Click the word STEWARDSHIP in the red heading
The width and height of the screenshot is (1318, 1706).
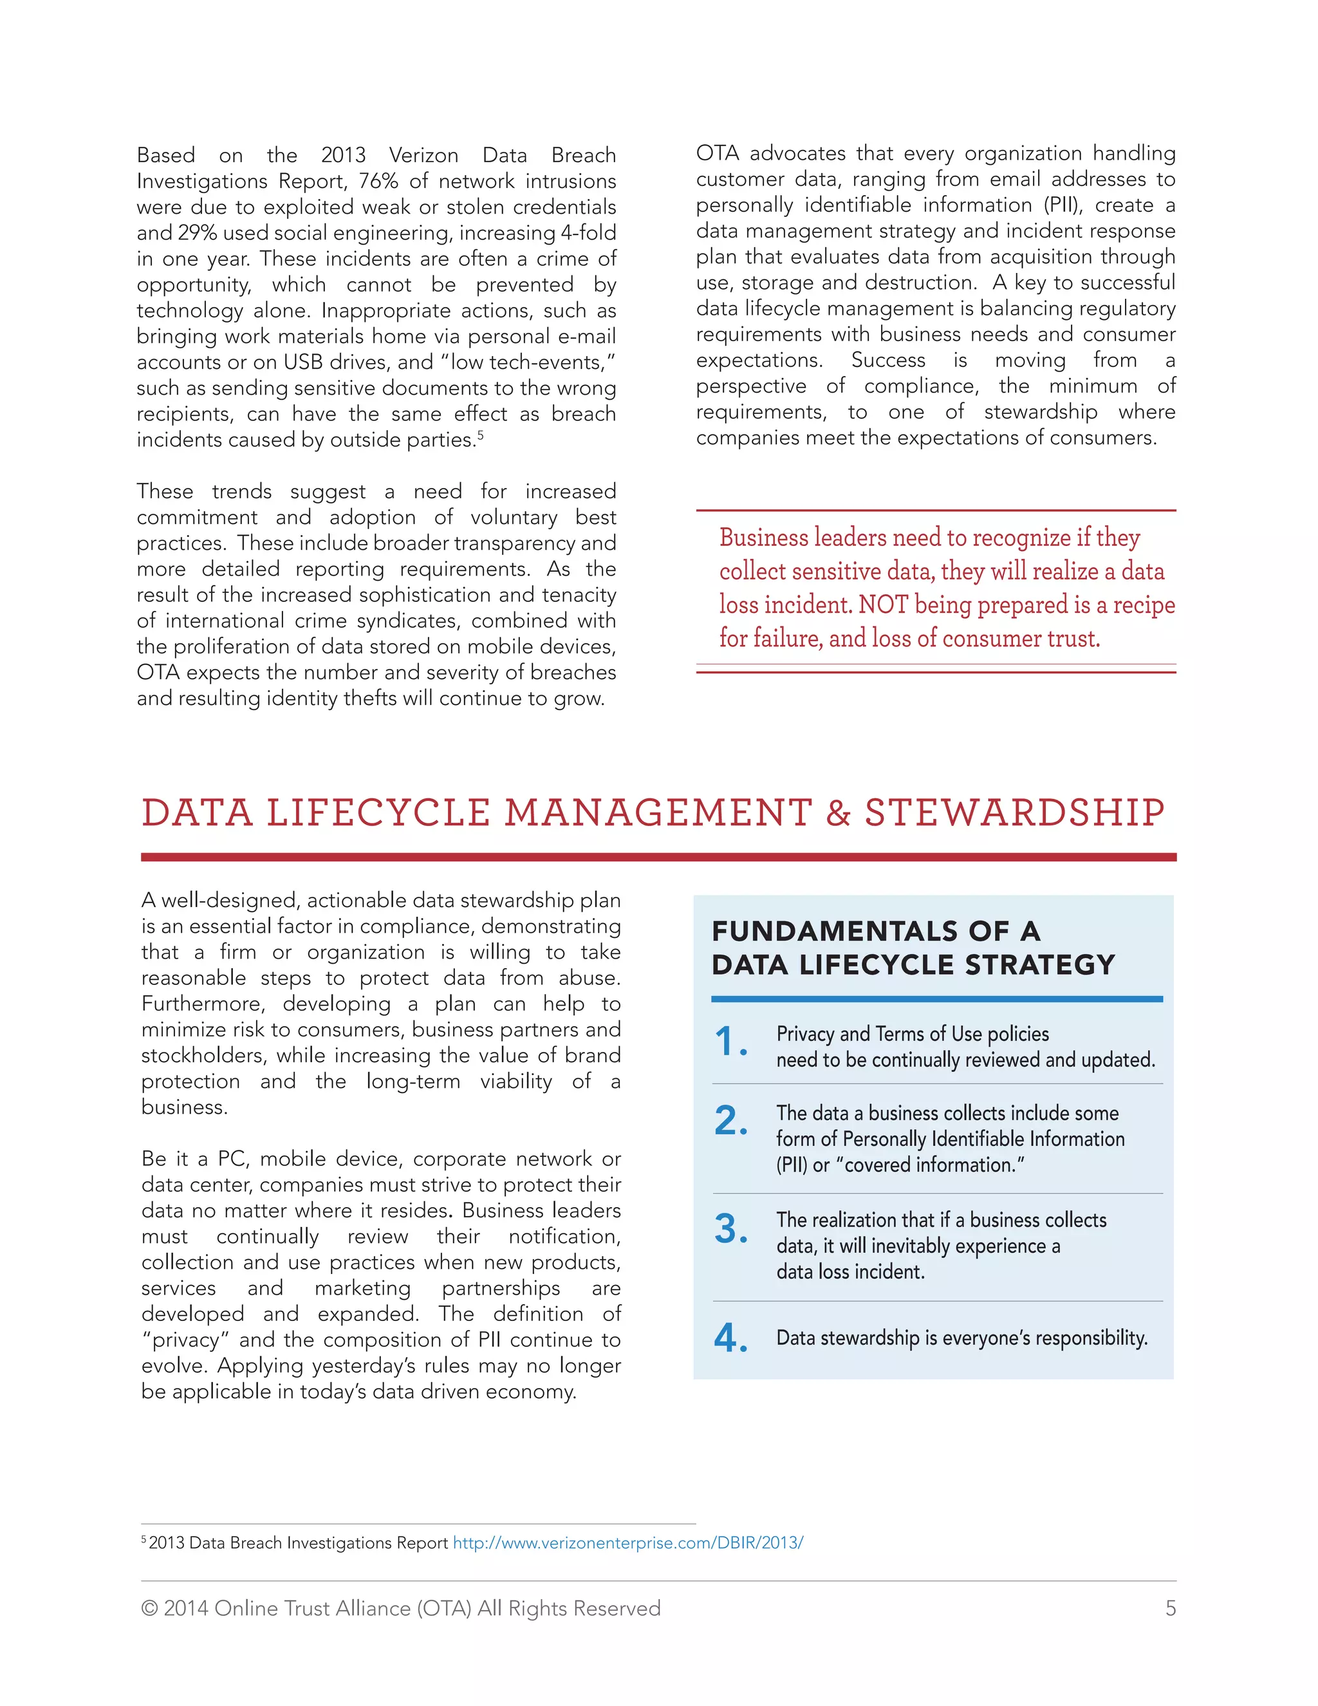(1014, 812)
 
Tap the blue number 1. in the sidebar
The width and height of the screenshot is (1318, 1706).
(730, 1042)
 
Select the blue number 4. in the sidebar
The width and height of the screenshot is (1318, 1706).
(730, 1338)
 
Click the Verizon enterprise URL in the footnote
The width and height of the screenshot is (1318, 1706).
(627, 1542)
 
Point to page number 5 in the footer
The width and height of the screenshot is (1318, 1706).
(1169, 1608)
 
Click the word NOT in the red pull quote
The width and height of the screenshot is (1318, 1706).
(882, 605)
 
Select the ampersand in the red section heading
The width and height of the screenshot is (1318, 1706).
(838, 812)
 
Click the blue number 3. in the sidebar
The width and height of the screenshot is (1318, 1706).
(730, 1229)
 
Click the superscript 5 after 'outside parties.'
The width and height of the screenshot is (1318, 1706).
(481, 435)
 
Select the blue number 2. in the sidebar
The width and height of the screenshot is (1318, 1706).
(730, 1121)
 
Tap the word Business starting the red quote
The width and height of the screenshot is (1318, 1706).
(764, 538)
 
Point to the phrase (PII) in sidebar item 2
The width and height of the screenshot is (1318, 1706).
(792, 1165)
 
